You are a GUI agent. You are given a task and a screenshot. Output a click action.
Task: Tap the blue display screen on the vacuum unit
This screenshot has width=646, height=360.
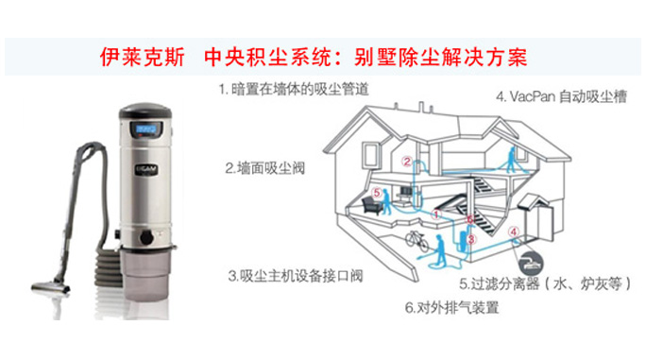pyautogui.click(x=144, y=127)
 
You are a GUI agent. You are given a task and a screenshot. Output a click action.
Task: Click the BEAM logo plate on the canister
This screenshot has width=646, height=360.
pyautogui.click(x=142, y=173)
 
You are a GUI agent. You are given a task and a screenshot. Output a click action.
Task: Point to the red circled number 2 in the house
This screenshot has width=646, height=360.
pyautogui.click(x=407, y=162)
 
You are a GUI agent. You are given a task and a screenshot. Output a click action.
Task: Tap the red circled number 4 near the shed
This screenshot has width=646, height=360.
pyautogui.click(x=514, y=231)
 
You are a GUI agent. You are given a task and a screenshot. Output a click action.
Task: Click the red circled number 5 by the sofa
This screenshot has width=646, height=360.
pyautogui.click(x=377, y=193)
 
